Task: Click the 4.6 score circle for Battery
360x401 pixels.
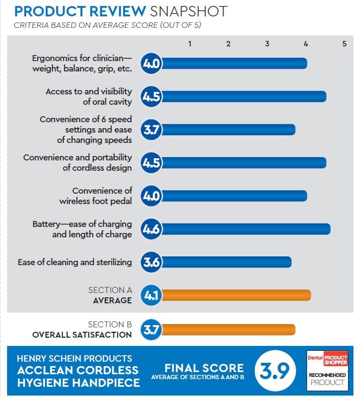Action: [151, 229]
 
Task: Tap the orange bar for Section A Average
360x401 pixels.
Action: [235, 296]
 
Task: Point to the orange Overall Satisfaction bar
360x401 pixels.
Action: [227, 330]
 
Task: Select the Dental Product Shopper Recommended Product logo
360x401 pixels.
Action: [327, 369]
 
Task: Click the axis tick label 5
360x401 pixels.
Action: [344, 44]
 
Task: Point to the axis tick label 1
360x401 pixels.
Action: [189, 44]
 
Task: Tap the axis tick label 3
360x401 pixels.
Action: [267, 44]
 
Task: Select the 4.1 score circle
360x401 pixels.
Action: [151, 296]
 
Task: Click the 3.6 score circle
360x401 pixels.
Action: [151, 262]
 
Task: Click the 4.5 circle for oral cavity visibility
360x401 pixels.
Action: [151, 97]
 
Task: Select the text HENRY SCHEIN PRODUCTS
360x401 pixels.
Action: [75, 358]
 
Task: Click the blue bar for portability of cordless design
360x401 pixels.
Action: [242, 163]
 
